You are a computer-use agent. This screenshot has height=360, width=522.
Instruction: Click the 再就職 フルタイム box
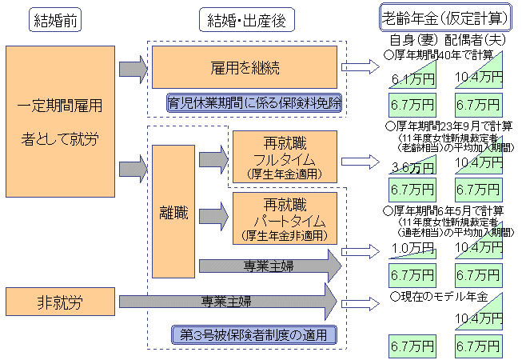(285, 157)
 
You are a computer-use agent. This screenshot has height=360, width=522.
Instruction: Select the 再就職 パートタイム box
(285, 217)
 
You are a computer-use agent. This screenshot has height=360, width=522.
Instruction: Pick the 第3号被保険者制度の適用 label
(254, 334)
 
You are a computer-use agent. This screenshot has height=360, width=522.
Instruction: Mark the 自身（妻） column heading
(412, 38)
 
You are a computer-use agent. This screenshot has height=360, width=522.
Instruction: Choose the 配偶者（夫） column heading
(476, 38)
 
